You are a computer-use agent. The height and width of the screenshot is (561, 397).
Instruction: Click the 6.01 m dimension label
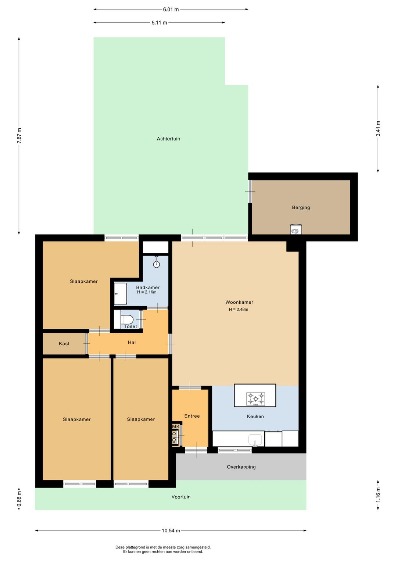click(x=171, y=10)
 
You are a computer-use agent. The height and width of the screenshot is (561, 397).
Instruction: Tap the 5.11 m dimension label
click(x=159, y=22)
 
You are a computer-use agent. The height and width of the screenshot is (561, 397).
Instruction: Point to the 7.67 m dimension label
click(x=19, y=136)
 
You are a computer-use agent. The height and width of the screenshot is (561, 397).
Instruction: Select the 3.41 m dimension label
click(x=378, y=129)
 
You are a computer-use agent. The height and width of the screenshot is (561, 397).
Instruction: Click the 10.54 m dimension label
click(x=171, y=530)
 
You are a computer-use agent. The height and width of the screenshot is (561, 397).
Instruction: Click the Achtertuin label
click(x=168, y=139)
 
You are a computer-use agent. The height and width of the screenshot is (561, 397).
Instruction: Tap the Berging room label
click(x=301, y=207)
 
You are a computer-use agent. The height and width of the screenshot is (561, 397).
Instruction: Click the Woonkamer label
click(x=239, y=302)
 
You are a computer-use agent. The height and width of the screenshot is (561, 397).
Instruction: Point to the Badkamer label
click(x=148, y=287)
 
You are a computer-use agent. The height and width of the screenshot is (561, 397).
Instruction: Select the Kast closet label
click(x=64, y=344)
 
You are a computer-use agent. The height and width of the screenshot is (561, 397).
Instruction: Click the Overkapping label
click(x=241, y=467)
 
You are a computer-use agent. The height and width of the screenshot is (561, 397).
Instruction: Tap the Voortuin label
click(x=181, y=497)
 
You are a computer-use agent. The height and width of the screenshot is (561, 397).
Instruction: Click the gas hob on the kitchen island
click(x=255, y=399)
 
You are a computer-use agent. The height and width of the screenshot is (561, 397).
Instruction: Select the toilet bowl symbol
click(x=127, y=319)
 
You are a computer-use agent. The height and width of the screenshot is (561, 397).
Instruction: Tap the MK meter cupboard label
click(x=176, y=426)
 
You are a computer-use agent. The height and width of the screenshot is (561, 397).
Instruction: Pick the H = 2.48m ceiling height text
click(x=239, y=310)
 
